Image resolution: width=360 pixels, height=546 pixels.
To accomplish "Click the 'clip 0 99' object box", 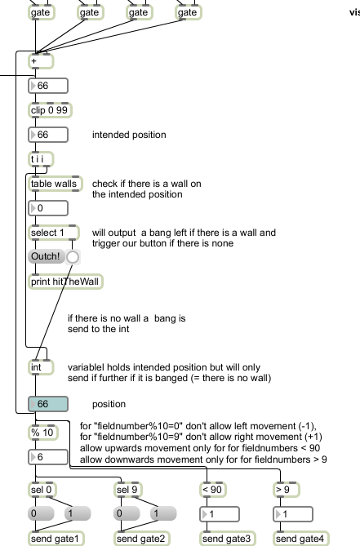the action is (x=50, y=110).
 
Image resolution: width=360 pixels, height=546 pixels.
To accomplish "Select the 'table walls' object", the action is (x=55, y=184).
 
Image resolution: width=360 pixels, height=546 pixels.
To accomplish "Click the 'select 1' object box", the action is (x=54, y=233).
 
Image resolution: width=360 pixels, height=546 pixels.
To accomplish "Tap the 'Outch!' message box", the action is (x=46, y=256).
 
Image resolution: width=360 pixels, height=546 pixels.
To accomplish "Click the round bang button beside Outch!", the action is (x=73, y=257).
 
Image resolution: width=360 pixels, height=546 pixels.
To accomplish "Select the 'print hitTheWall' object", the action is (x=65, y=282).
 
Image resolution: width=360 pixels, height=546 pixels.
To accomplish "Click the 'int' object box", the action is (x=41, y=367).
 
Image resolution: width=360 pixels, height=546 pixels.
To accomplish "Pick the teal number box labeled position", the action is (x=48, y=404).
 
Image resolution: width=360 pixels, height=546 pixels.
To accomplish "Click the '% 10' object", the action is (x=42, y=433).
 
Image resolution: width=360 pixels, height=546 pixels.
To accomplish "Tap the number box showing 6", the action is (x=48, y=457).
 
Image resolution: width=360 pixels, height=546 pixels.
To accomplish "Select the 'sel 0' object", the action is (x=42, y=490).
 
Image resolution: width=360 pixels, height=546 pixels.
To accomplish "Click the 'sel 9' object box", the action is (x=128, y=490).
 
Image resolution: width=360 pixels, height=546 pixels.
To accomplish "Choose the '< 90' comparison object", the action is (x=213, y=490).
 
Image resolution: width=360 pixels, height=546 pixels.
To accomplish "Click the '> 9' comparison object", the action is (x=287, y=490).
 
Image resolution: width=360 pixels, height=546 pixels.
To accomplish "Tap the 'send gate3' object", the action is (x=228, y=539).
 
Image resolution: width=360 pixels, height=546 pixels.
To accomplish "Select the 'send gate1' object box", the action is (x=56, y=539).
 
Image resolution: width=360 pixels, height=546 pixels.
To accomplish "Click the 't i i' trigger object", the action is (x=41, y=159).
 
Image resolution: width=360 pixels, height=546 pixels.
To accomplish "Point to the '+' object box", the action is (x=41, y=61).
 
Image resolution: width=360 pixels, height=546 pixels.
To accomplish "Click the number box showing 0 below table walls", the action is (x=48, y=208).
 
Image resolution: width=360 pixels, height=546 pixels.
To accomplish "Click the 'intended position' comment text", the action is (x=129, y=135).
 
